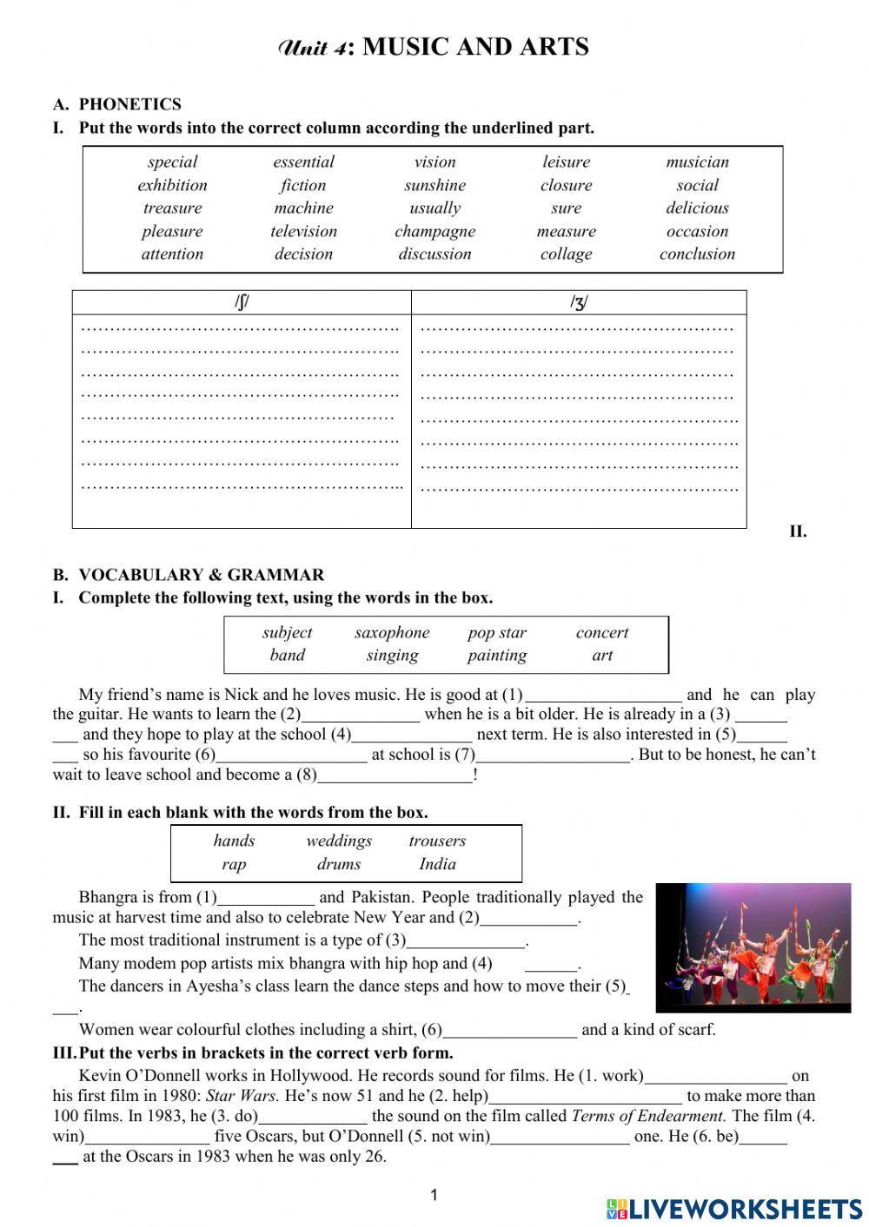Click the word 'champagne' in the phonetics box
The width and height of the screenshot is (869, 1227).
click(x=434, y=231)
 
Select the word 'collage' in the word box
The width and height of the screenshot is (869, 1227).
click(x=566, y=254)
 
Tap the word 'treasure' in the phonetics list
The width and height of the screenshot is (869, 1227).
click(x=172, y=208)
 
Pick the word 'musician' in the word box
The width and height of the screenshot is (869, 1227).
click(x=697, y=162)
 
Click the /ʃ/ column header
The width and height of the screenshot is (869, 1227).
click(x=242, y=302)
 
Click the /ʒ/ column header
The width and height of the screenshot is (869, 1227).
click(x=579, y=302)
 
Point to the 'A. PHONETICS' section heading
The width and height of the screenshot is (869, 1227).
click(x=117, y=104)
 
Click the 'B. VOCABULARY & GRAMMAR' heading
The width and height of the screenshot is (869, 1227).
click(x=189, y=575)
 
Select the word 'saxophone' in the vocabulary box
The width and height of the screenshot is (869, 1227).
click(x=392, y=632)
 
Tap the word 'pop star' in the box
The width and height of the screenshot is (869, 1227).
click(x=497, y=632)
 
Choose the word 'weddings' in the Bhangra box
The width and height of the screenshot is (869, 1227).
click(x=339, y=841)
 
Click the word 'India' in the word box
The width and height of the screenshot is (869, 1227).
click(x=437, y=864)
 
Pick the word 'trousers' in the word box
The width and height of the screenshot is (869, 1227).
click(x=437, y=841)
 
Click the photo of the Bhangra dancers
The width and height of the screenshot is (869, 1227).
click(x=753, y=947)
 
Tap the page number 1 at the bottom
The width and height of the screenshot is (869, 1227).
click(x=434, y=1196)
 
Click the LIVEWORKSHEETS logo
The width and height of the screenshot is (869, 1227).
click(x=734, y=1209)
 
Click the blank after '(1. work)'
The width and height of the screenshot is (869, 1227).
click(x=715, y=1077)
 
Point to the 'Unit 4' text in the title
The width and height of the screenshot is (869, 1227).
click(x=315, y=48)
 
